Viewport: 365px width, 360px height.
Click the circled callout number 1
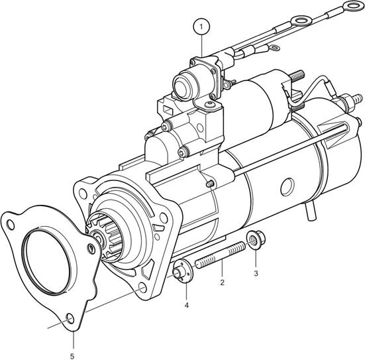pyautogui.click(x=201, y=27)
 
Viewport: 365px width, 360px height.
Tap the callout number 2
pyautogui.click(x=222, y=282)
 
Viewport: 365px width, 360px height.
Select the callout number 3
pyautogui.click(x=256, y=273)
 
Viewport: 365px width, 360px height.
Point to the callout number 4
pyautogui.click(x=186, y=305)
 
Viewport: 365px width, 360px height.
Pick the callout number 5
pyautogui.click(x=72, y=356)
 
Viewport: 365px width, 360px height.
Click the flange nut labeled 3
pyautogui.click(x=255, y=239)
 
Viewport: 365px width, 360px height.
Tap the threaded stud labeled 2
pyautogui.click(x=220, y=255)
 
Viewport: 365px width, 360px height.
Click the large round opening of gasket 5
pyautogui.click(x=46, y=261)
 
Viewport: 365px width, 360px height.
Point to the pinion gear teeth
pyautogui.click(x=105, y=236)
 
